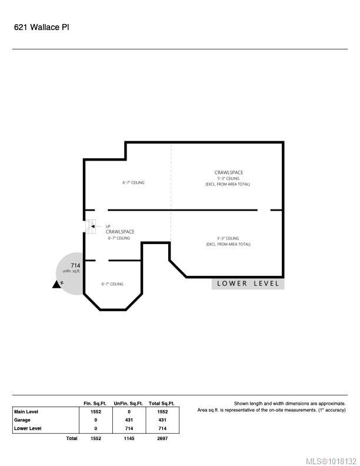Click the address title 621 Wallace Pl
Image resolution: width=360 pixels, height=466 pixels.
pyautogui.click(x=41, y=27)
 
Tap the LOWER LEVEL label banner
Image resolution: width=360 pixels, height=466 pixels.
pyautogui.click(x=248, y=284)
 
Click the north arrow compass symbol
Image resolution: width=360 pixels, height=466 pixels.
pyautogui.click(x=58, y=284)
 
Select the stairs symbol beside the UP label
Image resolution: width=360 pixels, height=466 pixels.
pyautogui.click(x=91, y=227)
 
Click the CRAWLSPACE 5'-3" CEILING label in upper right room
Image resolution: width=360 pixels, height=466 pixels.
pyautogui.click(x=228, y=178)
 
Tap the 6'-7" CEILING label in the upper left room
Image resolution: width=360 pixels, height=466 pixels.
pyautogui.click(x=133, y=183)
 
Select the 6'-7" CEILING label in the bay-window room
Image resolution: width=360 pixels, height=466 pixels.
pyautogui.click(x=112, y=284)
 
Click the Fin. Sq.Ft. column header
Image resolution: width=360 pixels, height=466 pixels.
pyautogui.click(x=95, y=404)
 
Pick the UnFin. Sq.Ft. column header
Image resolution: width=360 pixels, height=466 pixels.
pyautogui.click(x=128, y=404)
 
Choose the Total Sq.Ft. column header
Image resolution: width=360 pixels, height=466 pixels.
pyautogui.click(x=162, y=404)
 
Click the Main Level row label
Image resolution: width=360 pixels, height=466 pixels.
pyautogui.click(x=26, y=412)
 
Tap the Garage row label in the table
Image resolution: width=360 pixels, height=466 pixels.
pyautogui.click(x=22, y=420)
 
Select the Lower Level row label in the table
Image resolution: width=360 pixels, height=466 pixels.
pyautogui.click(x=27, y=428)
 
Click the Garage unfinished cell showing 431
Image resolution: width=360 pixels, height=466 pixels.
pyautogui.click(x=129, y=420)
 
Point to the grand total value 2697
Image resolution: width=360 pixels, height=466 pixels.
pyautogui.click(x=162, y=438)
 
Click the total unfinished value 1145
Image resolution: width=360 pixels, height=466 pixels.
pyautogui.click(x=129, y=438)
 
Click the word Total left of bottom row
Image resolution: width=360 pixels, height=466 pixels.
pyautogui.click(x=72, y=438)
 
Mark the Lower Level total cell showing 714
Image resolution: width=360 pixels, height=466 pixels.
pyautogui.click(x=162, y=428)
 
